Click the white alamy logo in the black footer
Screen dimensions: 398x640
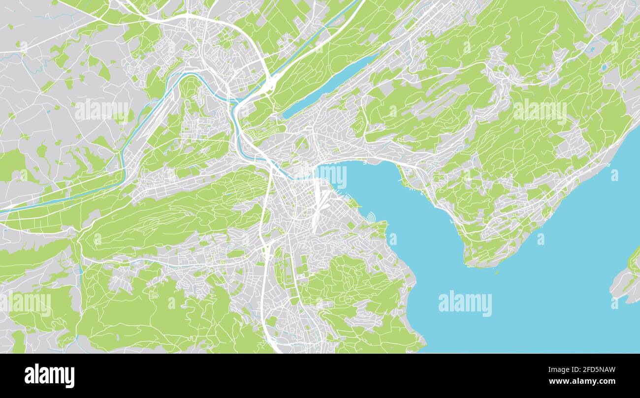coord(49,376)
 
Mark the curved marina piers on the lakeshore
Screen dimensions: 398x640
coord(370,216)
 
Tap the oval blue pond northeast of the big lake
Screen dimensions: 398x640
coord(604,68)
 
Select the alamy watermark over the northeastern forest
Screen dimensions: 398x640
coord(540,112)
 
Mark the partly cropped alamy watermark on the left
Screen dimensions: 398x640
coord(27,303)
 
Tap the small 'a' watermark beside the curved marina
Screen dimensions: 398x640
coord(392,240)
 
